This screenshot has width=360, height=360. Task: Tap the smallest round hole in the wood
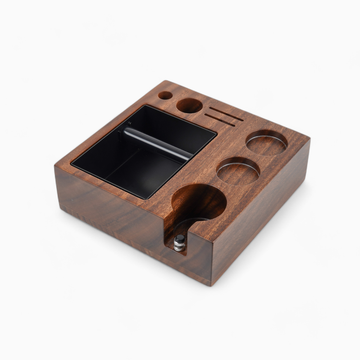point(165,96)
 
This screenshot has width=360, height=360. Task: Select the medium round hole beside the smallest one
point(188,104)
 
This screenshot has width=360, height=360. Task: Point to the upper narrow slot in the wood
point(222,108)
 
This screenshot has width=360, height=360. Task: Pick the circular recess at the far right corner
point(266,142)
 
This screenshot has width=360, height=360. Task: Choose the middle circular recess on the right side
point(237,171)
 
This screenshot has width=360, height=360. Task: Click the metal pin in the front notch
point(180,240)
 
